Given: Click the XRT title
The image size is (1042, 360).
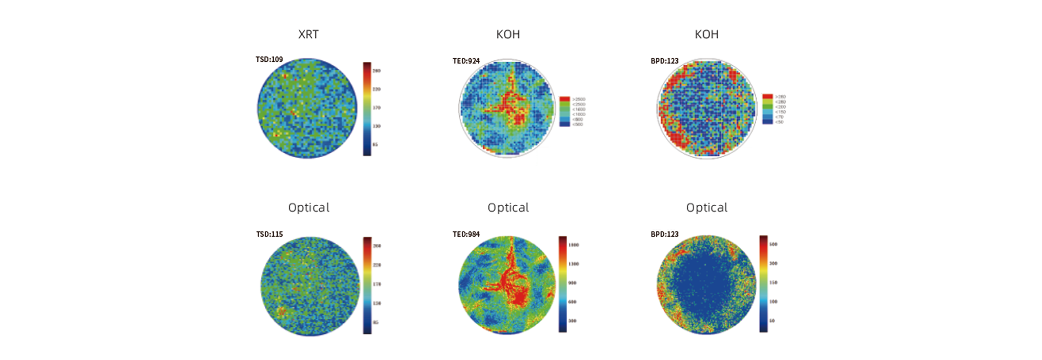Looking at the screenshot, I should (x=308, y=34).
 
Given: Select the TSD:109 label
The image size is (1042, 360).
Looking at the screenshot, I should (x=269, y=59).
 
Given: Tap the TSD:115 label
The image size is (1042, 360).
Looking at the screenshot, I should (x=269, y=234).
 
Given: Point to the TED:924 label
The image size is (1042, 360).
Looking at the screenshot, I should (x=466, y=61).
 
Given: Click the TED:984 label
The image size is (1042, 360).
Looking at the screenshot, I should (x=466, y=234).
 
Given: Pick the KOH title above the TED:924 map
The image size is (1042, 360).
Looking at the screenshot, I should (x=508, y=34).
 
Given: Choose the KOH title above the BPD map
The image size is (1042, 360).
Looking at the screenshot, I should (x=707, y=34).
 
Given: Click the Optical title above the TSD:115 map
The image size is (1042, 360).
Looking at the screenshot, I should (x=309, y=207).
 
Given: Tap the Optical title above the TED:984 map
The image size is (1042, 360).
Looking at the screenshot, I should (x=508, y=207).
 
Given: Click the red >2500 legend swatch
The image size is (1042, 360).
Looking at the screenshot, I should (x=565, y=99).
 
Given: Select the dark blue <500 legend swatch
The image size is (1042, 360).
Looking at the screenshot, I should (x=565, y=124).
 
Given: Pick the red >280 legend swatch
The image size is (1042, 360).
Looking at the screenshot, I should (x=767, y=97).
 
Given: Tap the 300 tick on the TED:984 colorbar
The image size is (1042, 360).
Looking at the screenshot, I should (x=572, y=321).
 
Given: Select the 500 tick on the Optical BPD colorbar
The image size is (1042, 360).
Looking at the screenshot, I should (x=773, y=244).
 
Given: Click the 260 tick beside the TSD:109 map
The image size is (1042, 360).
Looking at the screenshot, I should (x=376, y=71).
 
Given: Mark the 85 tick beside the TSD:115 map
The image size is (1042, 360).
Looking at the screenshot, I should (x=375, y=322).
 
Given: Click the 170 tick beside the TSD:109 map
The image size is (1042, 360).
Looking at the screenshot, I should (x=376, y=108).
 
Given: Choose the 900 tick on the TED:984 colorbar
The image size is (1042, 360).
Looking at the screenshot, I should (x=572, y=283).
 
